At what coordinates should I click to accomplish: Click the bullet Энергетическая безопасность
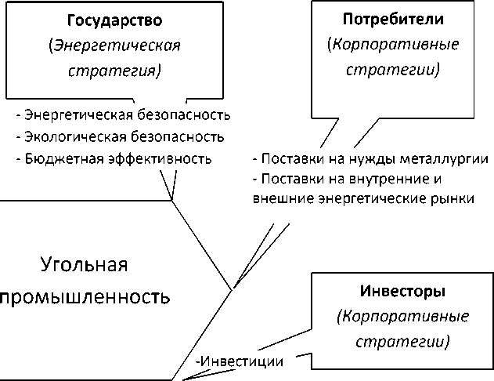[123, 115]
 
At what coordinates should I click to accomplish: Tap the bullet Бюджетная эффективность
[114, 159]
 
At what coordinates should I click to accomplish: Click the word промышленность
[85, 299]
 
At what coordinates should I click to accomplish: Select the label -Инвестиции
[240, 361]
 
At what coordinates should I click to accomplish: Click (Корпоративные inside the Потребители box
[384, 45]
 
